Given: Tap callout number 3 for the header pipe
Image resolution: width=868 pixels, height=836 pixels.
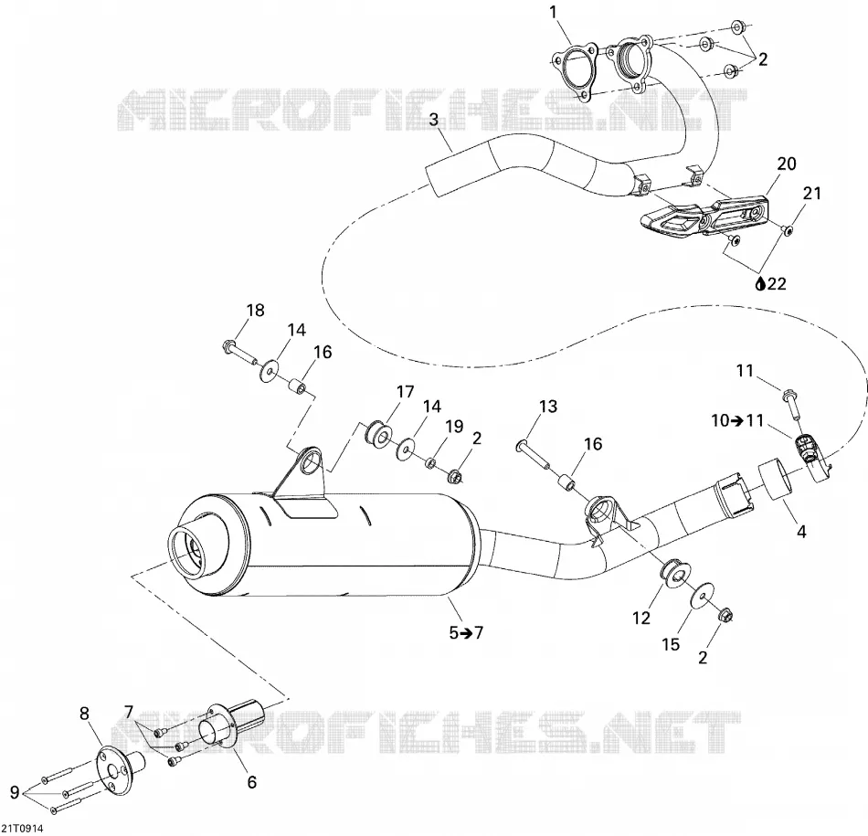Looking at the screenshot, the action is click(433, 119).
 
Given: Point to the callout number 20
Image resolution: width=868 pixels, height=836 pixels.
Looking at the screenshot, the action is click(786, 164).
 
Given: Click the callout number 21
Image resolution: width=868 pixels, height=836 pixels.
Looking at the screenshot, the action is click(811, 193).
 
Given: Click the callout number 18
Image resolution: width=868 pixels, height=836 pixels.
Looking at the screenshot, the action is click(255, 310).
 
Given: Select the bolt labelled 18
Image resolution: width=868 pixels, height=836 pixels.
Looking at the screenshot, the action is click(238, 354).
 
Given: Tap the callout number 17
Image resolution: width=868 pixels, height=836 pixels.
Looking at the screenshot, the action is click(405, 392).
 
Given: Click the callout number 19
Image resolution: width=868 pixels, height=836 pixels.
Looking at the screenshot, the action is click(454, 427).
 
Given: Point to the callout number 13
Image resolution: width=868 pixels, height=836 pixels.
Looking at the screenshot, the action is click(548, 407).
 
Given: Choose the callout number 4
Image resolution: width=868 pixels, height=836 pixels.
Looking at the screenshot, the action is click(801, 532).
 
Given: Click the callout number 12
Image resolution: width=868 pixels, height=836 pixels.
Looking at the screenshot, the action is click(641, 618).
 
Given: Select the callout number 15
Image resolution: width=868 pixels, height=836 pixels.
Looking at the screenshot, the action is click(671, 644).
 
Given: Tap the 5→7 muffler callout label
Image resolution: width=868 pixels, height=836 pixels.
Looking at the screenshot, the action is click(466, 632).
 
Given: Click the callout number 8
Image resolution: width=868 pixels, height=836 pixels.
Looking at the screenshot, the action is click(84, 714).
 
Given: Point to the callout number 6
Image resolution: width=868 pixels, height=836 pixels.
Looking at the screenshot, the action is click(252, 782).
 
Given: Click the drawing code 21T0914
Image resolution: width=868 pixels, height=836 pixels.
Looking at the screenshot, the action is click(22, 829).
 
